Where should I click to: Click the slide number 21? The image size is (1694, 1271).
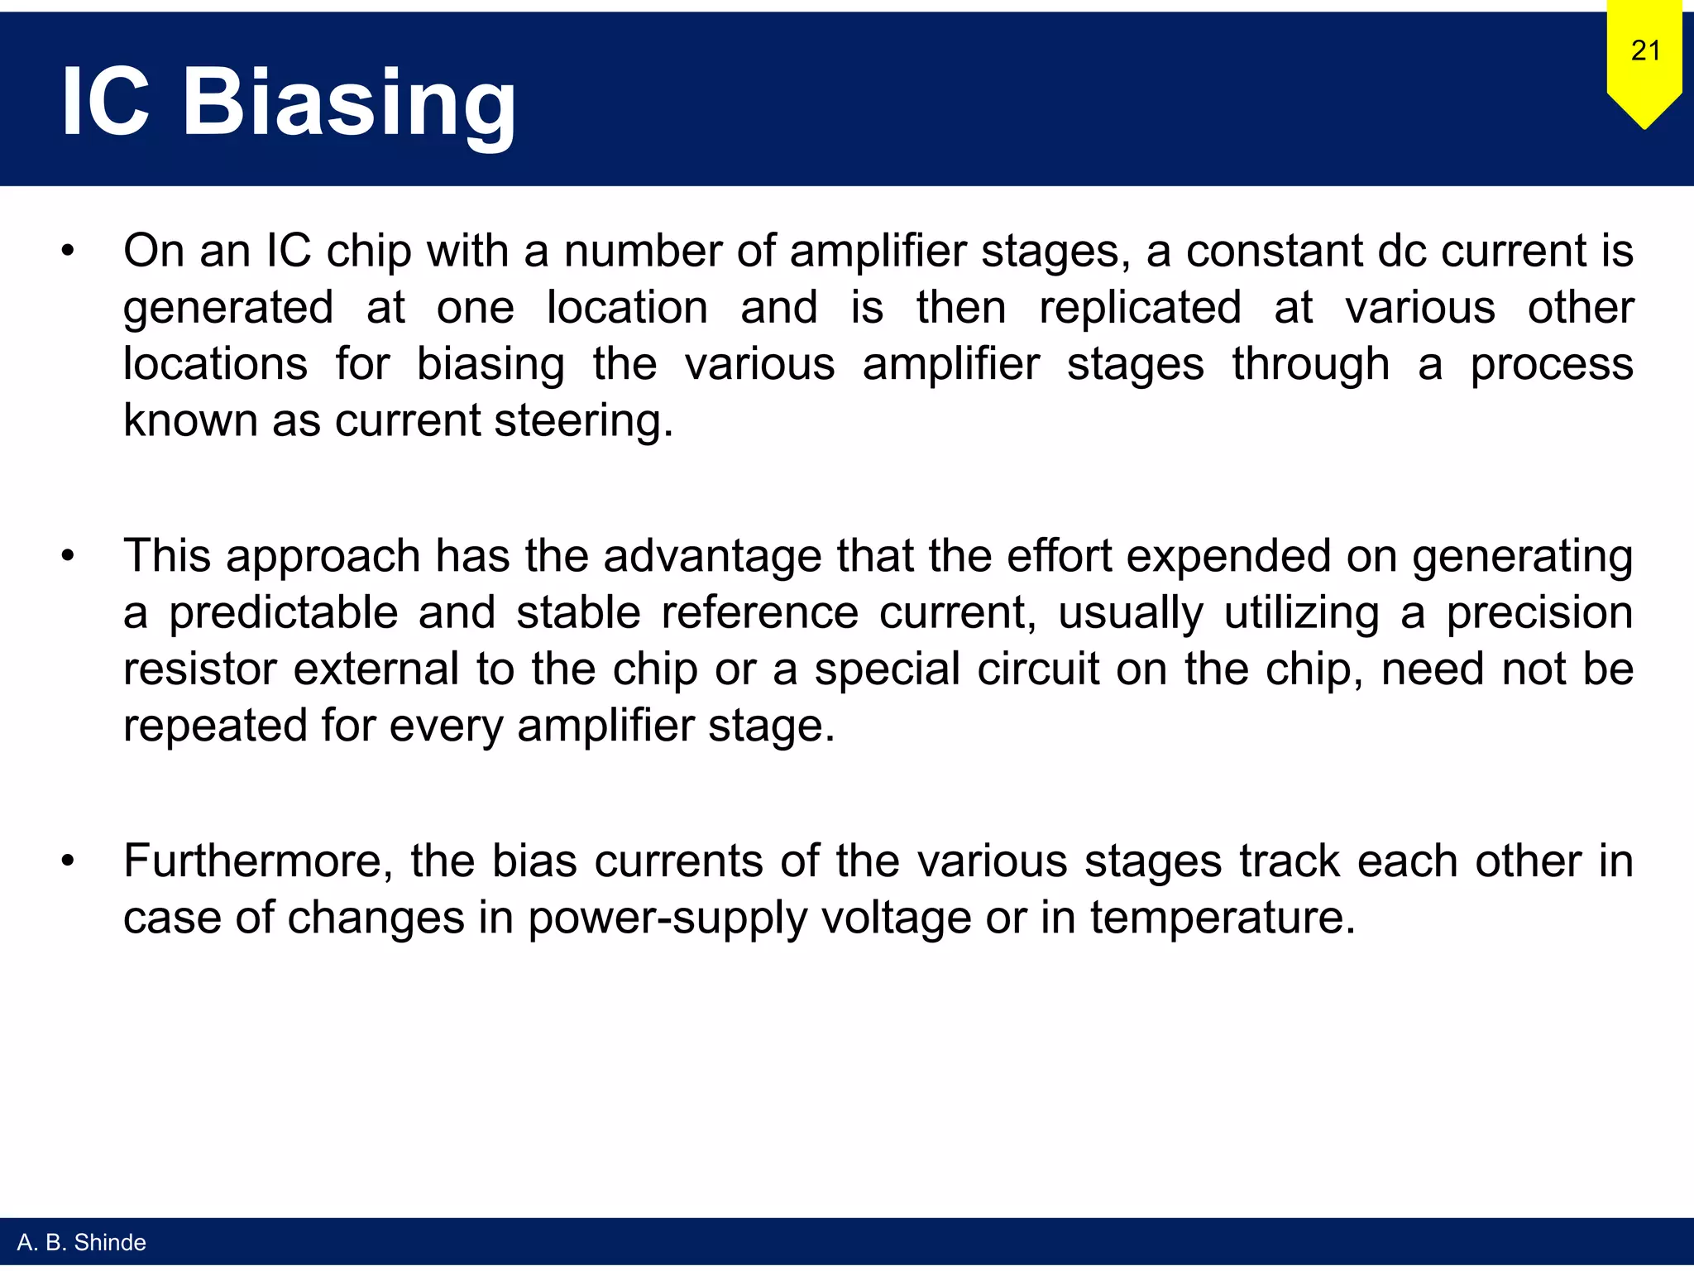pyautogui.click(x=1645, y=50)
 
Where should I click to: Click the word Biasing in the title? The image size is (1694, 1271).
pyautogui.click(x=349, y=103)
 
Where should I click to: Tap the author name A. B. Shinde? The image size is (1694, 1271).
pyautogui.click(x=81, y=1242)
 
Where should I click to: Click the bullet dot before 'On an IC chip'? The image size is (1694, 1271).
pyautogui.click(x=68, y=252)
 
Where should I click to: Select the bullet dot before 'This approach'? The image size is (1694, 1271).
pyautogui.click(x=68, y=556)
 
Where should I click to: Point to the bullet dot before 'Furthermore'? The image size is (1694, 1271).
pyautogui.click(x=68, y=861)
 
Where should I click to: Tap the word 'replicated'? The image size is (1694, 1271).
pyautogui.click(x=1140, y=308)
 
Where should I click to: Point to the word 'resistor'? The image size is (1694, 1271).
pyautogui.click(x=199, y=669)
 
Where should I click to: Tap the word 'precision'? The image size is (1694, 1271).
pyautogui.click(x=1539, y=613)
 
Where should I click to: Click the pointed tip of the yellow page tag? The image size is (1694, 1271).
pyautogui.click(x=1644, y=127)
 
